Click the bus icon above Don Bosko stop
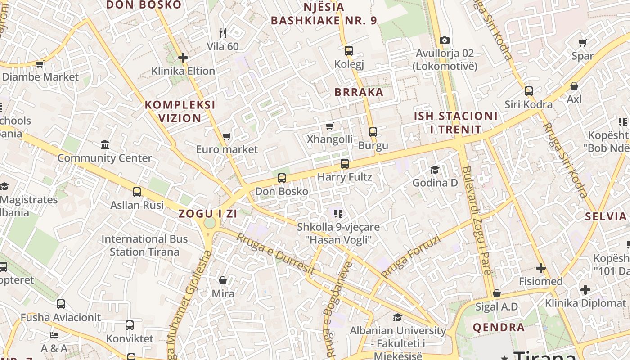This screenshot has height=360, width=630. point(282,178)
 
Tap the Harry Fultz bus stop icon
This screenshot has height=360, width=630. point(345,164)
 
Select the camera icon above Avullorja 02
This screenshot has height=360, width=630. point(445,40)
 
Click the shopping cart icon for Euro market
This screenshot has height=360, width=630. point(227,136)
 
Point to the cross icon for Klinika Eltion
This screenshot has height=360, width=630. point(183,58)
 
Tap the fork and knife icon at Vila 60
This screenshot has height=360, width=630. point(222,33)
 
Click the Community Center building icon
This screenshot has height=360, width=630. point(105,145)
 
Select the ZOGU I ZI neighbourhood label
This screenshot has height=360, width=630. point(208,214)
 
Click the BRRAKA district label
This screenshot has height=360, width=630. point(359,92)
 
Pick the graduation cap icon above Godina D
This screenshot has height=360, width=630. point(435,170)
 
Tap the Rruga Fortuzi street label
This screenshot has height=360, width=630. point(410,256)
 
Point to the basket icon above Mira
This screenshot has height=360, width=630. point(223,281)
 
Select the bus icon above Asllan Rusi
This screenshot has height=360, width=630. point(137,192)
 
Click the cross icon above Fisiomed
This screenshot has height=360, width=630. point(540,269)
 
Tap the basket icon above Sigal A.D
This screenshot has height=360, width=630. point(497,294)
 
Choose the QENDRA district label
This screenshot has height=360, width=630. point(499,327)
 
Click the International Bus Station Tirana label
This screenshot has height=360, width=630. point(144,245)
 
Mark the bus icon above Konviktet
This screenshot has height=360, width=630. point(130,325)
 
